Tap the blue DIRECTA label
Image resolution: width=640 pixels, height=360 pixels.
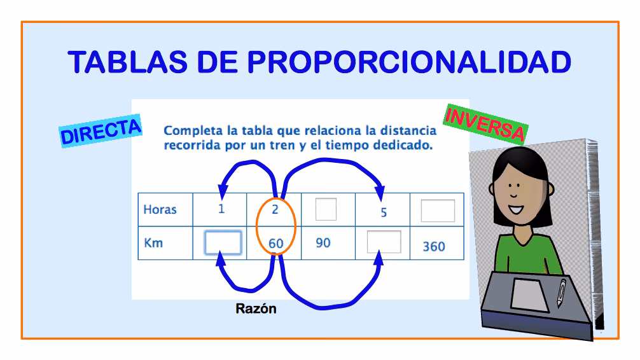[101, 131]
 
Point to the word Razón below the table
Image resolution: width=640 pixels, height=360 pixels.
[256, 310]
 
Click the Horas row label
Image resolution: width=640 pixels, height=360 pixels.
[160, 210]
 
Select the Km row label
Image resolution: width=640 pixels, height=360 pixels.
[153, 242]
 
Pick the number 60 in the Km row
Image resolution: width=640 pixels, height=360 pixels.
[275, 243]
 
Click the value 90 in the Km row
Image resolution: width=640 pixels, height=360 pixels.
[323, 242]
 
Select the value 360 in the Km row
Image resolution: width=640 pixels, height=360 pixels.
[434, 246]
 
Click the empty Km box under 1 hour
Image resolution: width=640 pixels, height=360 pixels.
[223, 242]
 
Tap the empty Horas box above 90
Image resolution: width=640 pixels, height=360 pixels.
[326, 208]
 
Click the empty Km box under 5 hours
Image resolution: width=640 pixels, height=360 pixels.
[384, 242]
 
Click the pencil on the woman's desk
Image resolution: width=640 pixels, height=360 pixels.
[561, 292]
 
